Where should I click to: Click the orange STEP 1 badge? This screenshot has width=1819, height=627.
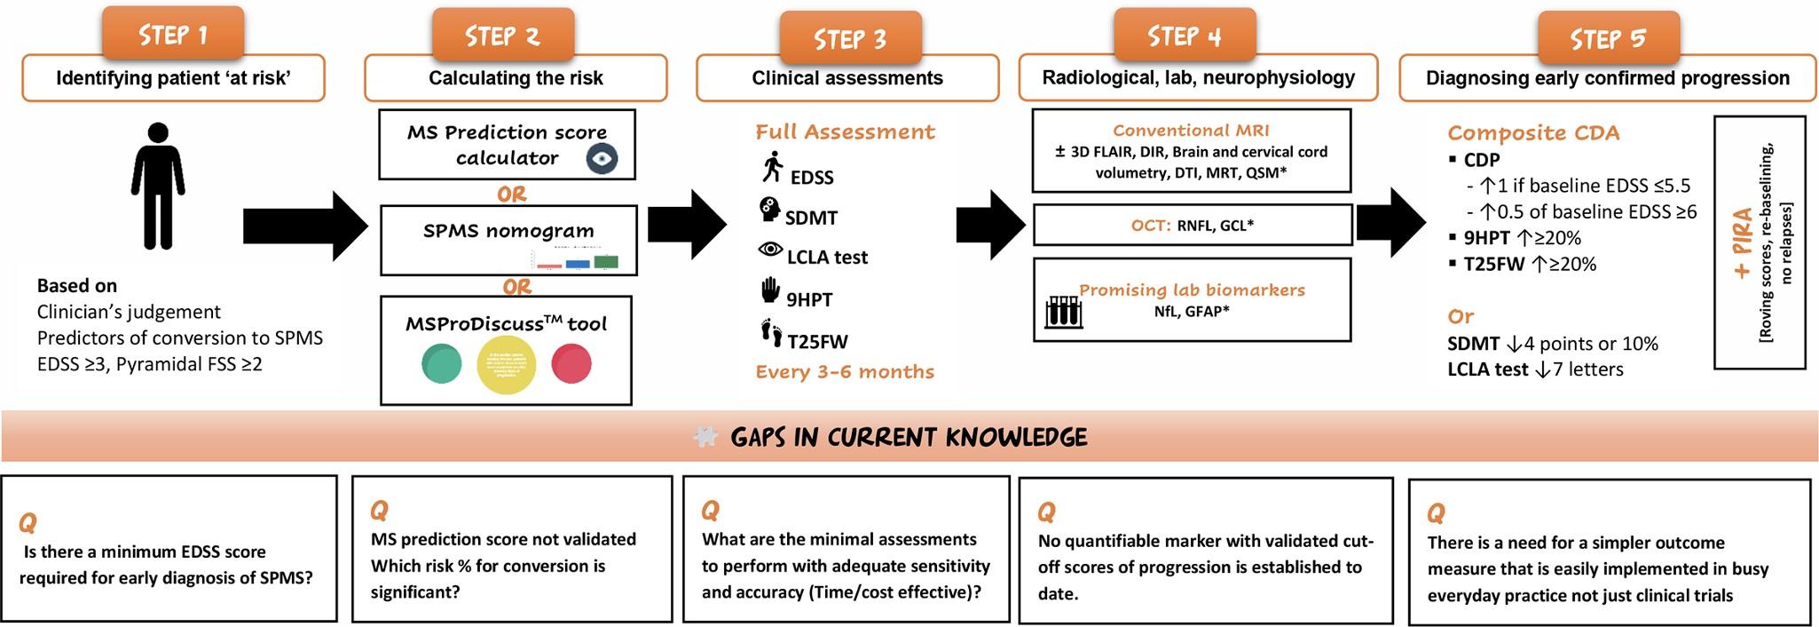[x=172, y=34]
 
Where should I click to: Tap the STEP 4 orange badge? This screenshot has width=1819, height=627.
[x=1184, y=36]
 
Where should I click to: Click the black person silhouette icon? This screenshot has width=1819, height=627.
[x=158, y=186]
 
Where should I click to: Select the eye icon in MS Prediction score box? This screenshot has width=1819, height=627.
[x=602, y=159]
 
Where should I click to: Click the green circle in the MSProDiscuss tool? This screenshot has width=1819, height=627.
[x=441, y=364]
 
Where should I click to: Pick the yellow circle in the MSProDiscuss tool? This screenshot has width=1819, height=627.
[x=507, y=364]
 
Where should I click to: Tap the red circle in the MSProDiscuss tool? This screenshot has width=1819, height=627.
[x=571, y=364]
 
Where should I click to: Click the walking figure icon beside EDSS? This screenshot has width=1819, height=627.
[x=773, y=167]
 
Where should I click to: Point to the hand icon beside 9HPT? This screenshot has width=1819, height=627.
[x=770, y=290]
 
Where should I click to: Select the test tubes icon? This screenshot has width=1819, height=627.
[x=1063, y=311]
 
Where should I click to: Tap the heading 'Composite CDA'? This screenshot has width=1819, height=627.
[x=1533, y=133]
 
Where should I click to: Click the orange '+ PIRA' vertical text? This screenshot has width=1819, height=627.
[x=1743, y=242]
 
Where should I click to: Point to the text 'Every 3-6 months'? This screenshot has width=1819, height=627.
[x=845, y=372]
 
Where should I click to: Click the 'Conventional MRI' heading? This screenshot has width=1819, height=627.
[x=1191, y=131]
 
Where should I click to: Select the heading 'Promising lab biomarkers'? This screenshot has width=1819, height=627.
[x=1192, y=290]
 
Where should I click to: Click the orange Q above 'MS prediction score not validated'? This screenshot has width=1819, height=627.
[x=379, y=511]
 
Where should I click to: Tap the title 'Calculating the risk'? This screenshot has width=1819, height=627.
[x=516, y=78]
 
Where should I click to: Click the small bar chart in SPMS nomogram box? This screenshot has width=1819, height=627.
[x=577, y=261]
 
